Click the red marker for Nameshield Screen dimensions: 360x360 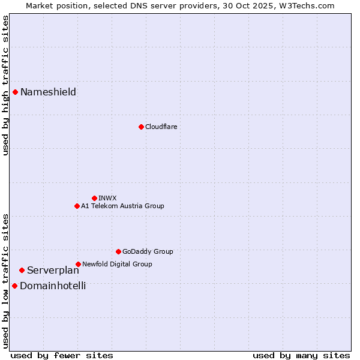pos(15,92)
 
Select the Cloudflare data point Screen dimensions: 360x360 pos(141,127)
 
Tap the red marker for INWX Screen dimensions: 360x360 pos(94,198)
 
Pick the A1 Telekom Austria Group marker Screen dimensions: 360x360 pos(77,206)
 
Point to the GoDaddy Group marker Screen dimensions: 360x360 pos(118,251)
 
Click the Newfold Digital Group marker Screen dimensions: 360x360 pos(78,264)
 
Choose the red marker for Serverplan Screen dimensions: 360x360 pos(22,271)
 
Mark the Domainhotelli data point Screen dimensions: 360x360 pos(14,286)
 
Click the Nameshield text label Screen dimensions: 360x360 pos(48,92)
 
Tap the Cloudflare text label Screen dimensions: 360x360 pos(161,127)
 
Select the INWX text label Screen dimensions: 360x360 pos(107,198)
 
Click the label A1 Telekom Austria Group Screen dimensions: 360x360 pos(122,206)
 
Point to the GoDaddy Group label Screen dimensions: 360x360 pos(148,251)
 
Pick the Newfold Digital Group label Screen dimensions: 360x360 pos(117,264)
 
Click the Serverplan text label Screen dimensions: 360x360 pos(53,271)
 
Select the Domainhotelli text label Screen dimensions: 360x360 pos(53,286)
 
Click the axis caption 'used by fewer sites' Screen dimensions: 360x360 pos(62,355)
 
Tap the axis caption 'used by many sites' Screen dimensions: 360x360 pos(301,355)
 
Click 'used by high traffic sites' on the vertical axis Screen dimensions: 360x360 pos(5,85)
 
